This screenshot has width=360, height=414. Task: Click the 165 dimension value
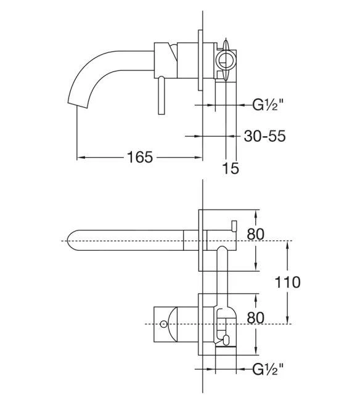click(x=140, y=158)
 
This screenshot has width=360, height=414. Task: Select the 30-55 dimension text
click(x=264, y=136)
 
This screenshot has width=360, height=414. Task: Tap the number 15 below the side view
click(x=231, y=168)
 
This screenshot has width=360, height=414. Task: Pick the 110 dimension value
click(x=288, y=282)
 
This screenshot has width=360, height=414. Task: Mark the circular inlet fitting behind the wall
click(x=226, y=60)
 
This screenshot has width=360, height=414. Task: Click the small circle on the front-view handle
click(x=164, y=323)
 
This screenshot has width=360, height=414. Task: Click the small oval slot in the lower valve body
click(x=226, y=338)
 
